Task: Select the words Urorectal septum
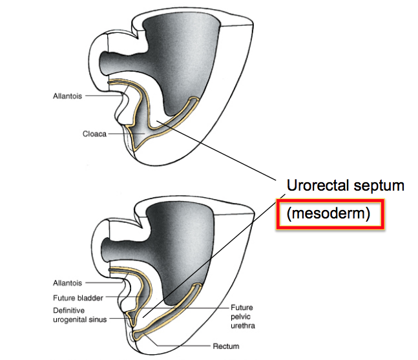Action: pos(345,186)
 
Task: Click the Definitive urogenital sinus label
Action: pos(77,314)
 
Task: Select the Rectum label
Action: pos(225,345)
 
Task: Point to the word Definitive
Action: pos(70,309)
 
